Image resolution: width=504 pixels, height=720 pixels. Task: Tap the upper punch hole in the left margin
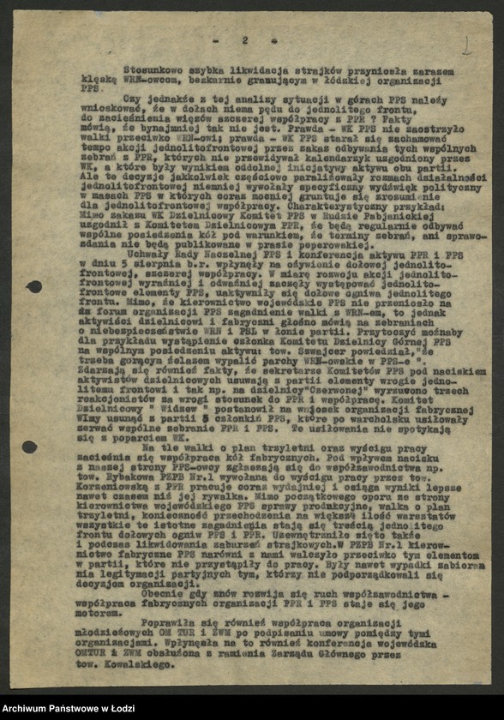[33, 286]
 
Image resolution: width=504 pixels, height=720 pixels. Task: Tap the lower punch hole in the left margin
[29, 447]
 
